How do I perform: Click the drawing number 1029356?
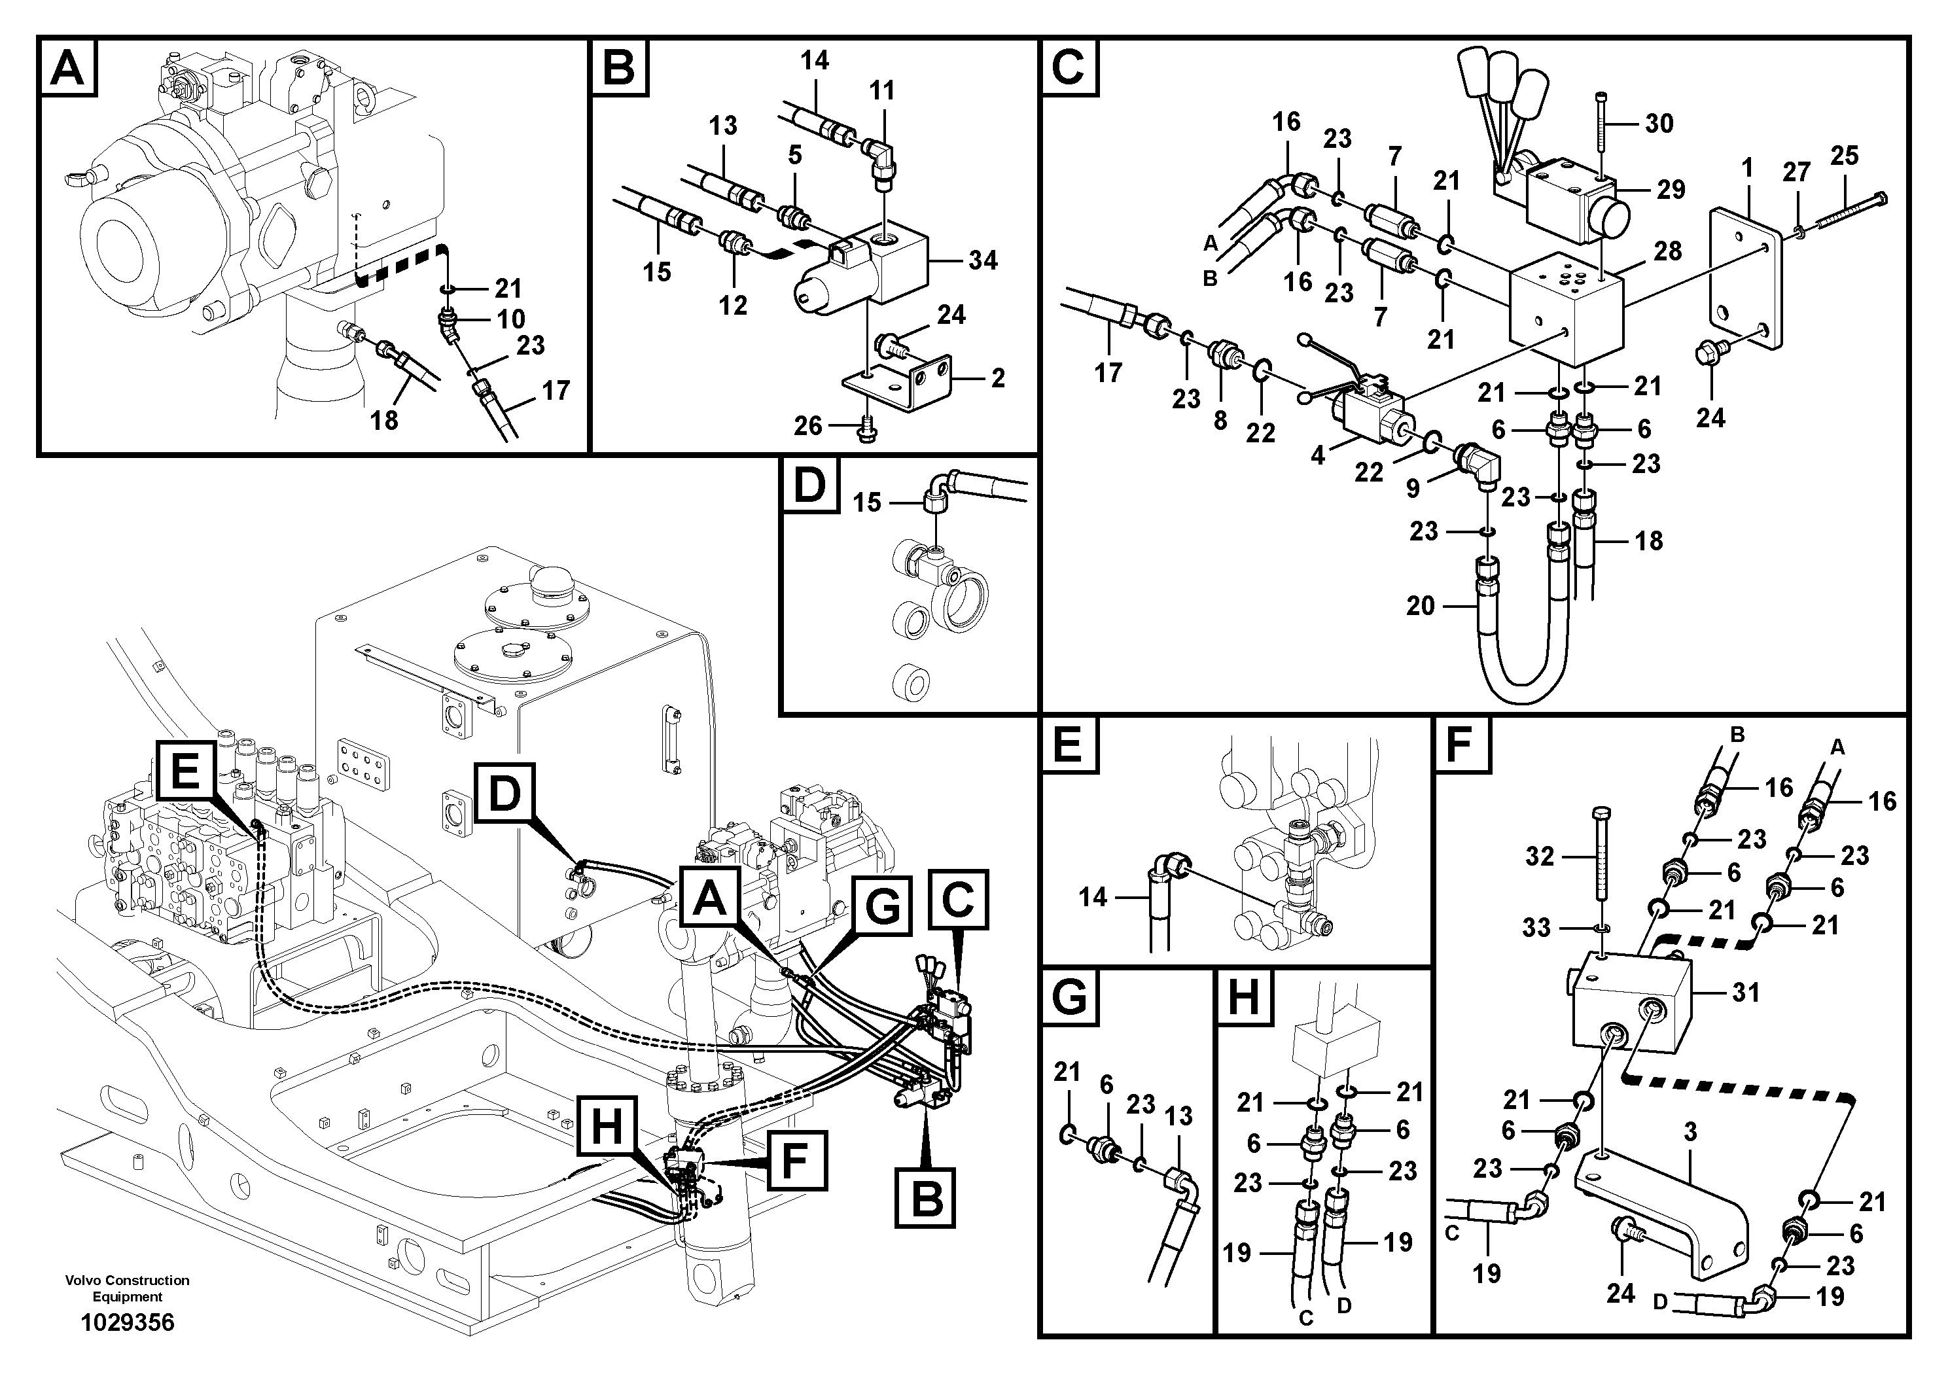127,1322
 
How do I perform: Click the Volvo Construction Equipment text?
127,1288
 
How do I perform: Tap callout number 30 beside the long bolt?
1659,124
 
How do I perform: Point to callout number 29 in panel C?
1671,189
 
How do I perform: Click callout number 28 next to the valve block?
1667,251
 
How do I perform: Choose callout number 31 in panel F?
1746,992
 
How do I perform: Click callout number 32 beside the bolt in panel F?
1540,857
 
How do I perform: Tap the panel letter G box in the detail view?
1069,996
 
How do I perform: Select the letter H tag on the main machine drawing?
607,1127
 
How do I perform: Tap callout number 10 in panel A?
512,319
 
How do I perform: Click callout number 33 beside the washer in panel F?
1536,928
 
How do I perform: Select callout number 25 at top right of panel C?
1845,156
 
